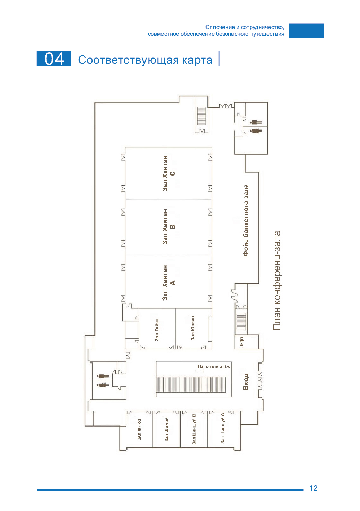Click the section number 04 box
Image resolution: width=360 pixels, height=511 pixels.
click(x=54, y=59)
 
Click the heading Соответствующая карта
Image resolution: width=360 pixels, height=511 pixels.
click(x=145, y=60)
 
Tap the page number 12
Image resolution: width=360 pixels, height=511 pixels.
click(x=314, y=488)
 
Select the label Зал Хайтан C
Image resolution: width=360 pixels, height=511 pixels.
click(x=168, y=173)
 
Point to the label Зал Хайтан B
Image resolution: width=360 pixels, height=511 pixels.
click(x=168, y=227)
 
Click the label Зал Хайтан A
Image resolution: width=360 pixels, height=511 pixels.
click(x=168, y=283)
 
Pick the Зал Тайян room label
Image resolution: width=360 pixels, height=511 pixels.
click(x=157, y=330)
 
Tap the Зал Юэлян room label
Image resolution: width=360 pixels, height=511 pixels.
click(x=193, y=328)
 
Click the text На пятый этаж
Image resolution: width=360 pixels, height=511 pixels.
click(x=214, y=366)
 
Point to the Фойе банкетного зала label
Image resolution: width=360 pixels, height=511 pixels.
click(x=246, y=221)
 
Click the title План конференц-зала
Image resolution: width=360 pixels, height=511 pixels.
click(x=277, y=280)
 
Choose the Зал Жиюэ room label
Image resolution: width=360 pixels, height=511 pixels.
click(x=139, y=429)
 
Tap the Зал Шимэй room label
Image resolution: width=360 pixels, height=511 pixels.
click(x=167, y=429)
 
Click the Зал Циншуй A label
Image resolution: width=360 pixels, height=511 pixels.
click(x=222, y=428)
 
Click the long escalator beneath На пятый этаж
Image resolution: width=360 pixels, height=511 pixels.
click(x=191, y=385)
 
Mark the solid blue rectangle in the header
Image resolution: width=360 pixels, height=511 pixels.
click(x=306, y=30)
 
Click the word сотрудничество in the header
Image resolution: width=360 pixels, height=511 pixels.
click(x=263, y=27)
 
